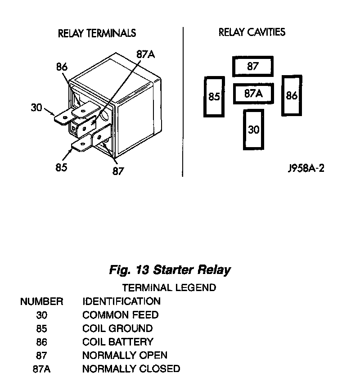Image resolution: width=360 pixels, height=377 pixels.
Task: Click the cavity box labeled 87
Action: [252, 67]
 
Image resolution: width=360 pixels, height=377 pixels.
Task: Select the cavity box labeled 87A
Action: [253, 94]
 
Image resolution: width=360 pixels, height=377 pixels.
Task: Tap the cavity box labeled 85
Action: [214, 97]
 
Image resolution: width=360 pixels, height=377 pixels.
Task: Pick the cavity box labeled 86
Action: [292, 95]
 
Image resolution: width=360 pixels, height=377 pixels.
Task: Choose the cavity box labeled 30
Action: [254, 130]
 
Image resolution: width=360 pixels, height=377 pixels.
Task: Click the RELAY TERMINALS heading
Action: [97, 33]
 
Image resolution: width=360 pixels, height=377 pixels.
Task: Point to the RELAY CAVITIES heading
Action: [252, 32]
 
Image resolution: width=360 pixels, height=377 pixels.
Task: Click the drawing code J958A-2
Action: [306, 168]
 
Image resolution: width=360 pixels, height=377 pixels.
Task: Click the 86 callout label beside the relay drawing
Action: [62, 67]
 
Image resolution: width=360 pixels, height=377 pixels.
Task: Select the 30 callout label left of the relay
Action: [36, 108]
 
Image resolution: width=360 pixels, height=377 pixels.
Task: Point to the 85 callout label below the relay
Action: [61, 167]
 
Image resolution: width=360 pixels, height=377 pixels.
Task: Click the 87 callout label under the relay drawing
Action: [117, 171]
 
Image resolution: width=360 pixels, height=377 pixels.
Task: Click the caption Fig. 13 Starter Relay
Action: [170, 270]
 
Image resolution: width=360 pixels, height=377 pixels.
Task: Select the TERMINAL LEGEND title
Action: [169, 287]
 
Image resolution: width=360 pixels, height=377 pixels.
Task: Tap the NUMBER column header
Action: [41, 301]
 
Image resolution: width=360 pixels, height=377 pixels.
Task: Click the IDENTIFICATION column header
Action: [121, 301]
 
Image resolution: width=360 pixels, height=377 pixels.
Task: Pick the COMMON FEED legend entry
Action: [120, 315]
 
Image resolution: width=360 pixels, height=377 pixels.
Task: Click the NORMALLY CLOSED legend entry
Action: [131, 369]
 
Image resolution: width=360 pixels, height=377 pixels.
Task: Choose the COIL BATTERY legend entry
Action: [117, 342]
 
